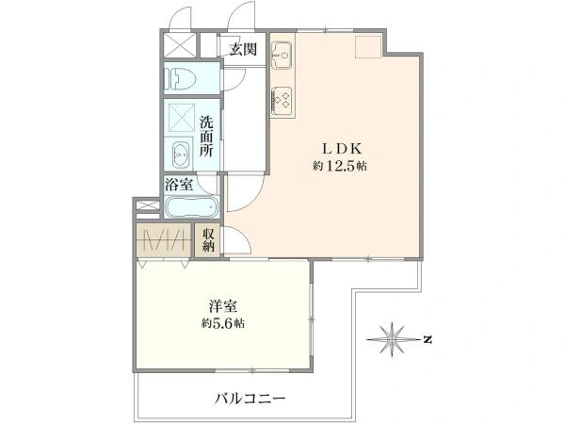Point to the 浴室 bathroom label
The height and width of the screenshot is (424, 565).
click(x=180, y=185)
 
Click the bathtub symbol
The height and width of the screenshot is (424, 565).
click(x=191, y=208)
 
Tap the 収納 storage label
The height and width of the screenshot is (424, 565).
click(x=207, y=240)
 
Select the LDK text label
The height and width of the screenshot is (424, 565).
click(x=339, y=149)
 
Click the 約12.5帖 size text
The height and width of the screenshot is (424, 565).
click(x=340, y=167)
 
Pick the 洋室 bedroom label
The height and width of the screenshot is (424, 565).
click(x=223, y=306)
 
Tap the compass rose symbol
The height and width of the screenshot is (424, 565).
click(x=392, y=336)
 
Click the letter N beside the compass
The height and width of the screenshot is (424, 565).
click(x=427, y=337)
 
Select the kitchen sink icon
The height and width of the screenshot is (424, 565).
click(x=282, y=56)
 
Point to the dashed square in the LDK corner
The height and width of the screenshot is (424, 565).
click(x=365, y=49)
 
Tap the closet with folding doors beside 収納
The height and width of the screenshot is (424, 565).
click(x=164, y=240)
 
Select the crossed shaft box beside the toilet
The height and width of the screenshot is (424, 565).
click(x=178, y=45)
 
